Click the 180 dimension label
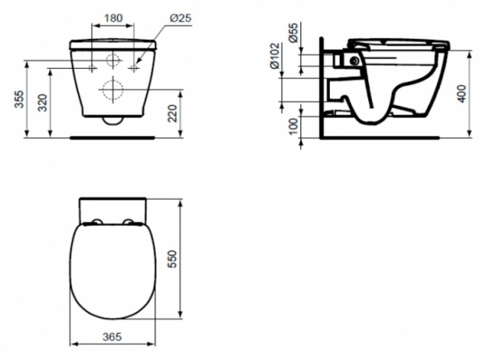click(x=113, y=18)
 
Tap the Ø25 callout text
click(x=180, y=18)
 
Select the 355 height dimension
click(x=19, y=100)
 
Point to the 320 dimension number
click(x=43, y=103)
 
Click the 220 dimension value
click(x=172, y=113)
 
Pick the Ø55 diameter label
click(x=293, y=32)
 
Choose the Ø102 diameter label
click(x=275, y=56)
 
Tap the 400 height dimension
click(x=462, y=94)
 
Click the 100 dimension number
click(x=293, y=126)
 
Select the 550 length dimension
click(x=171, y=259)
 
